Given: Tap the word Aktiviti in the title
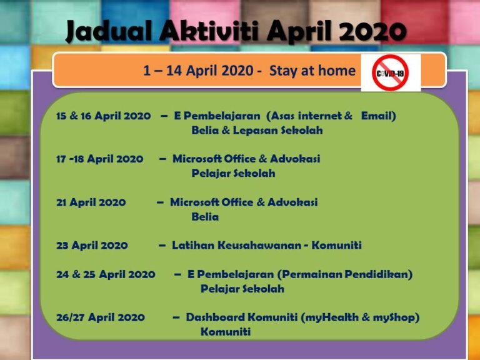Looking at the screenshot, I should click(x=201, y=32).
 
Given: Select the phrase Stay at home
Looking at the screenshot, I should click(x=312, y=71).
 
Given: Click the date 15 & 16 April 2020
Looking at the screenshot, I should click(x=103, y=116).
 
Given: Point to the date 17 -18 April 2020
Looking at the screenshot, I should click(x=99, y=159).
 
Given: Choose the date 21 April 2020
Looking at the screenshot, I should click(x=91, y=202).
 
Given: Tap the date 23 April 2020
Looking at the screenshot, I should click(x=92, y=245).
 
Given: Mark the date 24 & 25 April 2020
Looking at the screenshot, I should click(x=106, y=274).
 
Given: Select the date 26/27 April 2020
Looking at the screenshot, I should click(x=100, y=317).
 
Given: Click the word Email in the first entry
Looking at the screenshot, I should click(x=377, y=116).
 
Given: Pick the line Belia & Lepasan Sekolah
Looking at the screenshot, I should click(x=257, y=131).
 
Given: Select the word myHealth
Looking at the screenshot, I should click(x=330, y=317).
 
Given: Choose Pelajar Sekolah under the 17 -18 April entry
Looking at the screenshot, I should click(x=233, y=173).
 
